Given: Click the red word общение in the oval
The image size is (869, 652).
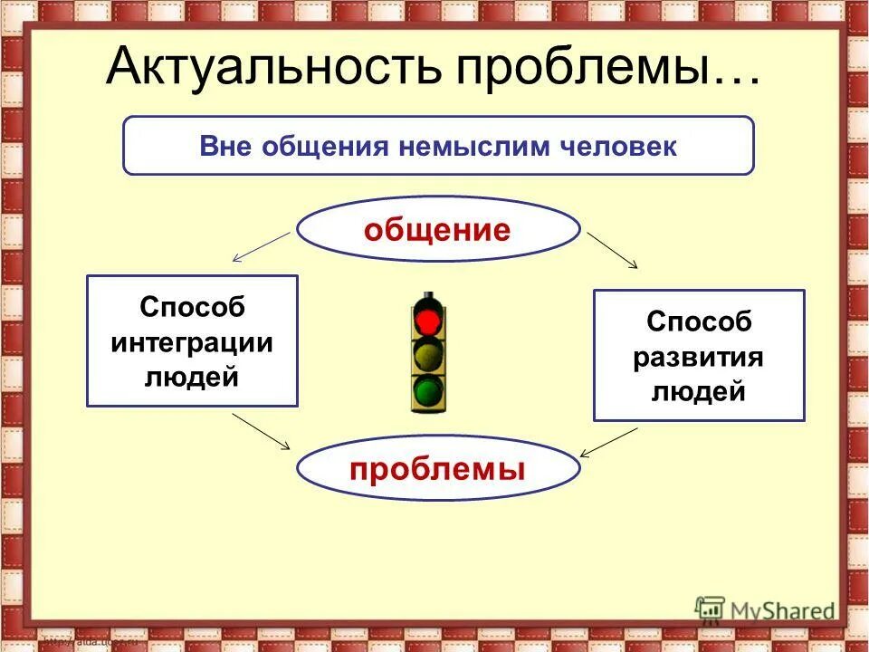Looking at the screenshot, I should click(x=437, y=230).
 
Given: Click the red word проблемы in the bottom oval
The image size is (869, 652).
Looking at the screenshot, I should click(x=437, y=468).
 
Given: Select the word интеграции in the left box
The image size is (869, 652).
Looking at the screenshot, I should click(x=191, y=341).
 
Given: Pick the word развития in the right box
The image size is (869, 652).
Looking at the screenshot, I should click(x=698, y=357).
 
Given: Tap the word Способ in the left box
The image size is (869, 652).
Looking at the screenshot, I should click(x=191, y=307).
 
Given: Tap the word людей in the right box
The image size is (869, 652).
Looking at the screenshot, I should click(x=698, y=391).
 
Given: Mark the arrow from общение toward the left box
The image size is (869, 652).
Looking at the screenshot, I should click(x=262, y=246).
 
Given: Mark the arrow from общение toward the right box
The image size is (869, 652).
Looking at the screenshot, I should click(x=613, y=250).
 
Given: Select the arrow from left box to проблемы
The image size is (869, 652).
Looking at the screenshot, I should click(x=261, y=431).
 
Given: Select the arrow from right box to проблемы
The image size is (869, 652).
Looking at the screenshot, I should click(x=608, y=442).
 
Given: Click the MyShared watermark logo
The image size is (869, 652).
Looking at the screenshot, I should click(x=765, y=609).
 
